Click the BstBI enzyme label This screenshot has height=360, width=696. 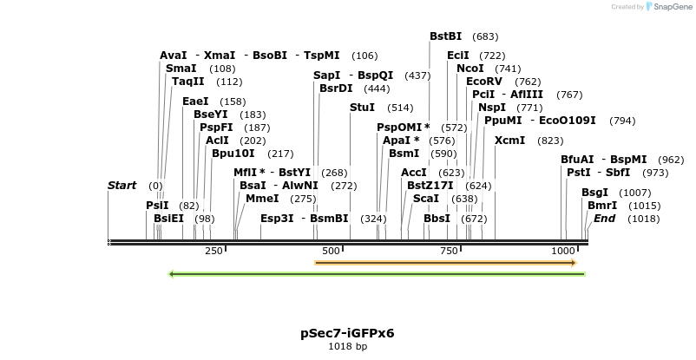click(446, 36)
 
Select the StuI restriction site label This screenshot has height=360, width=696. click(362, 108)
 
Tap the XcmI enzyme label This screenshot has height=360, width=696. click(509, 141)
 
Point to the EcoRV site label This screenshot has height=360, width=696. click(484, 82)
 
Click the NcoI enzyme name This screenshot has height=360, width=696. click(469, 69)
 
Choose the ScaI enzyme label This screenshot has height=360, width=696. click(425, 199)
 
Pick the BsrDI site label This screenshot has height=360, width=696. click(336, 88)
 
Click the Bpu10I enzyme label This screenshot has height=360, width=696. click(233, 154)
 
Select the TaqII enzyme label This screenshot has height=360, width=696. click(188, 82)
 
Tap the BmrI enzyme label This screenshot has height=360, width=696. click(602, 206)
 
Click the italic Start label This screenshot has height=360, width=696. click(121, 186)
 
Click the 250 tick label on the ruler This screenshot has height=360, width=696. click(213, 252)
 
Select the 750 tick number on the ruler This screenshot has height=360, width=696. click(449, 252)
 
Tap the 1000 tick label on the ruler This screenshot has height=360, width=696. click(562, 252)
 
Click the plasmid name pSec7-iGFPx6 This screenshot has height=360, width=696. click(347, 333)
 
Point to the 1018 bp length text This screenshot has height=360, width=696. click(347, 347)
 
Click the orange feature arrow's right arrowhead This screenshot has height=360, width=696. click(573, 262)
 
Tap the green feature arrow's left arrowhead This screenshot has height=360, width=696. click(172, 274)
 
